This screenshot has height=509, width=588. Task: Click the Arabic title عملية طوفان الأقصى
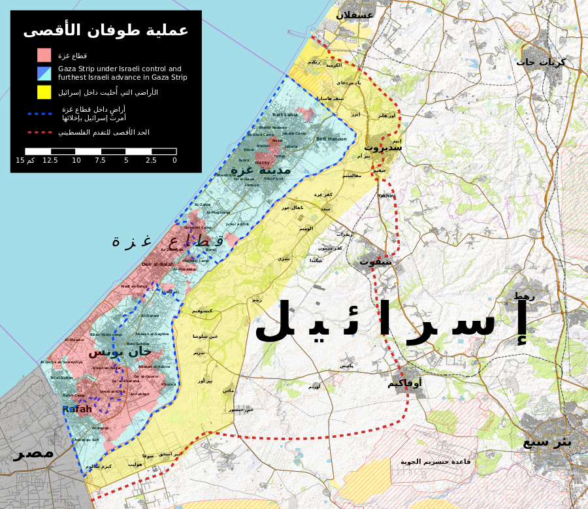(x=106, y=31)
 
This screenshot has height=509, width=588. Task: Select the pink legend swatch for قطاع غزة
(x=44, y=55)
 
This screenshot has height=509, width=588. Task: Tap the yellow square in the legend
(x=44, y=92)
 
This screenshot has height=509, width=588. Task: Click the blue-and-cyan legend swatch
(x=44, y=73)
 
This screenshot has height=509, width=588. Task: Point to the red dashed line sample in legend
(x=40, y=132)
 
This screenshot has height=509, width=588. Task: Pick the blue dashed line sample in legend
(x=40, y=114)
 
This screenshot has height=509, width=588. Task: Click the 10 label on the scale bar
(x=76, y=160)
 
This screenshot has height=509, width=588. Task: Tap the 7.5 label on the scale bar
(x=100, y=160)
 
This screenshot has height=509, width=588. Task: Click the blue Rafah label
(x=77, y=409)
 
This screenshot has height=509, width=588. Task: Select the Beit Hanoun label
(x=331, y=139)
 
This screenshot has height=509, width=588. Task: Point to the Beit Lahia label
(x=285, y=114)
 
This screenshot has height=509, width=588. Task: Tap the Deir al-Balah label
(x=157, y=264)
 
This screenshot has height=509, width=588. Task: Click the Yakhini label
(x=387, y=195)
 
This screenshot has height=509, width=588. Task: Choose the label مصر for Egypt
(x=33, y=453)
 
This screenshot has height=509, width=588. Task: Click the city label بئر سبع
(x=547, y=442)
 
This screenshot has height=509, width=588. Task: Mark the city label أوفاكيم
(x=404, y=383)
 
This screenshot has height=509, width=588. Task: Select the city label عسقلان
(x=355, y=14)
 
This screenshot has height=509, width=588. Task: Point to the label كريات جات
(x=540, y=62)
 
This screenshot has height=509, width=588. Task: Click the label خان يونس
(x=120, y=352)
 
